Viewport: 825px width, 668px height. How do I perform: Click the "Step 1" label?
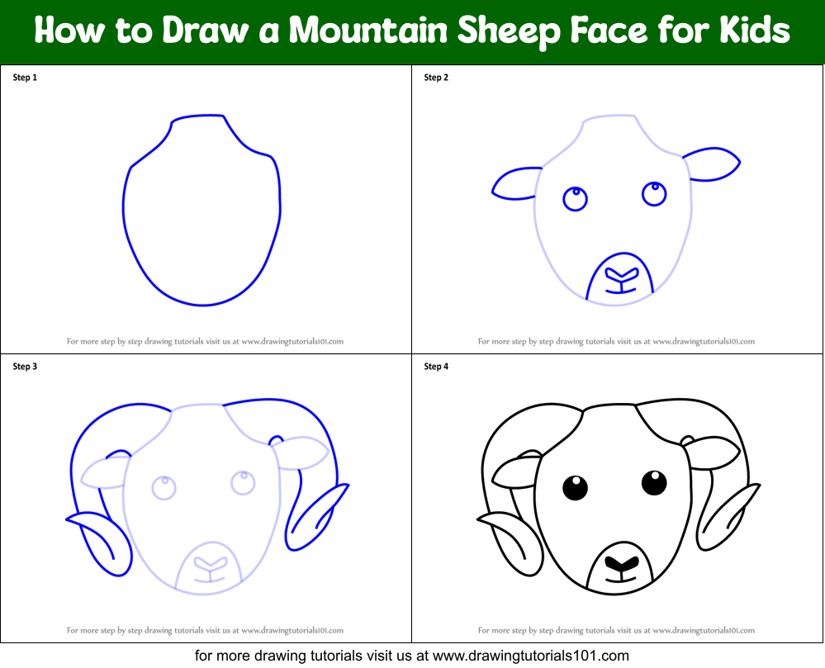click(x=25, y=78)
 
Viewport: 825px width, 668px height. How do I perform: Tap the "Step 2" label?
click(x=436, y=78)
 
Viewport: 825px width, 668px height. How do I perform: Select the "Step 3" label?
click(x=25, y=366)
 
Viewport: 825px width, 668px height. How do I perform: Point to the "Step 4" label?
click(x=436, y=366)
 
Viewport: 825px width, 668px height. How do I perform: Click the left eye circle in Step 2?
click(x=575, y=199)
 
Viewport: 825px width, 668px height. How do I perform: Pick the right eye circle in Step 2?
click(x=655, y=193)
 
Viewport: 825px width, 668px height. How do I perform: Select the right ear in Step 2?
click(x=712, y=164)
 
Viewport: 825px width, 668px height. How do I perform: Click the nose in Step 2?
click(x=621, y=276)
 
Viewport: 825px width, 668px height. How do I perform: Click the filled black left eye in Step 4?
click(x=575, y=488)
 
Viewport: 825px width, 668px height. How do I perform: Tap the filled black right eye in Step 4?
click(x=655, y=483)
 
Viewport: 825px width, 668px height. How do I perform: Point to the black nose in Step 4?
click(x=621, y=565)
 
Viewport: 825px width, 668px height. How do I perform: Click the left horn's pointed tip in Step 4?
click(x=477, y=520)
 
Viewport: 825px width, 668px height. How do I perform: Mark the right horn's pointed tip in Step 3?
click(x=348, y=485)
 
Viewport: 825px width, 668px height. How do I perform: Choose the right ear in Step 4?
click(x=712, y=452)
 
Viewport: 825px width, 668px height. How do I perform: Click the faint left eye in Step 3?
click(x=164, y=488)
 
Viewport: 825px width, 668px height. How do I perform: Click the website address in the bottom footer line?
click(x=531, y=656)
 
